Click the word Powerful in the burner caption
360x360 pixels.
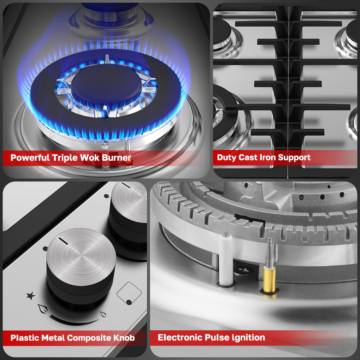(30, 158)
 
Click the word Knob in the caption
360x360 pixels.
(124, 338)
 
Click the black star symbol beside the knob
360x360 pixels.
(31, 296)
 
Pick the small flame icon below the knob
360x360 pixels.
(103, 314)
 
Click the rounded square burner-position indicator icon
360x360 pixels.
(129, 293)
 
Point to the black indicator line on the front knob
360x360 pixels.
(63, 240)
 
